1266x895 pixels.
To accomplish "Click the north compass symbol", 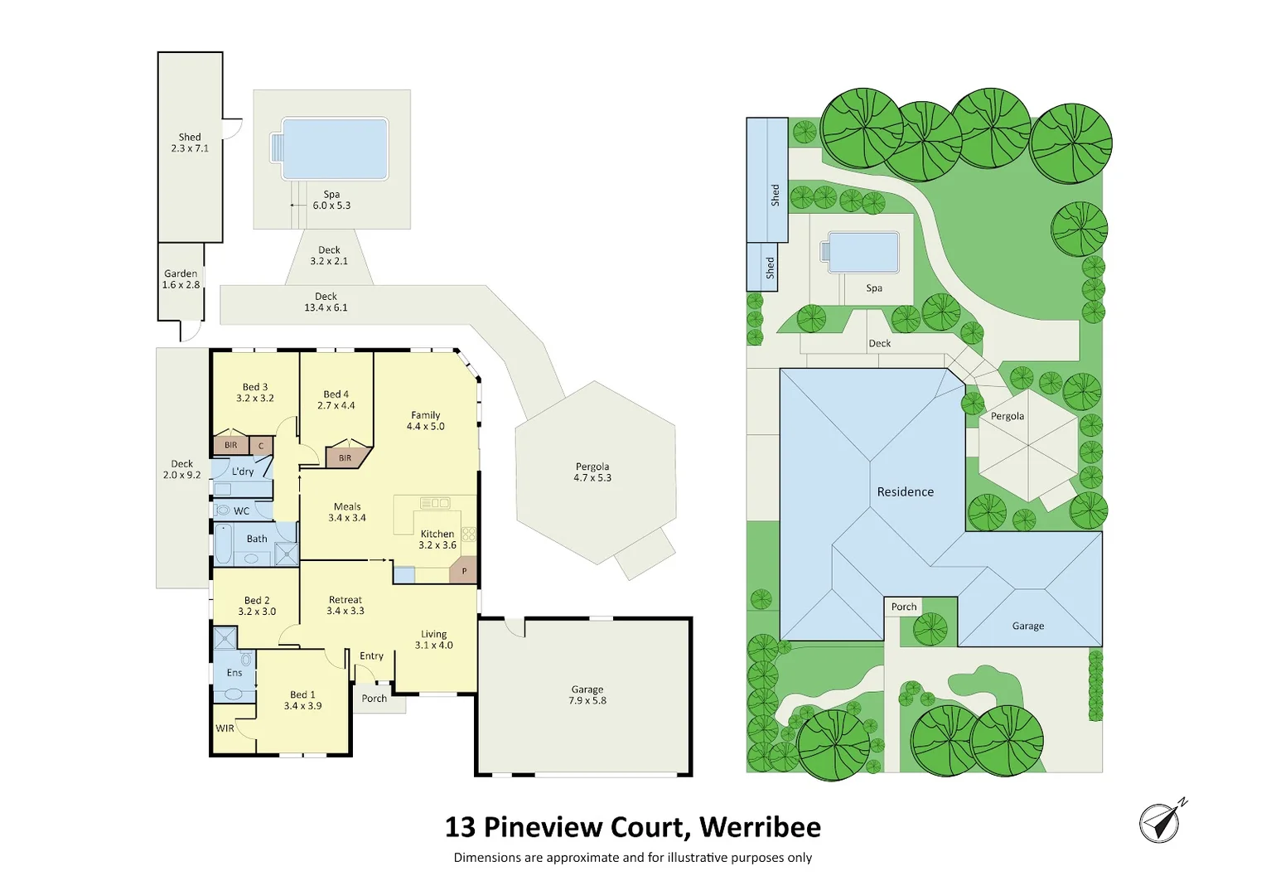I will click(1161, 822).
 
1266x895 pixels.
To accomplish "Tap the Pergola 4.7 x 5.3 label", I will click(592, 472).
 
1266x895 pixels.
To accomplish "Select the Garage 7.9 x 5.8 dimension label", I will click(587, 695).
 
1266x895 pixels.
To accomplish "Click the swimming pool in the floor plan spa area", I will click(335, 148).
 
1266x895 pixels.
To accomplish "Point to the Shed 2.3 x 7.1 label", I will click(190, 143).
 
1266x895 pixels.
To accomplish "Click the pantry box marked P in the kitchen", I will click(464, 571).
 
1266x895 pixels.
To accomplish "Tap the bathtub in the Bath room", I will click(224, 544).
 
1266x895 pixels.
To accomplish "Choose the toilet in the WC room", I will click(222, 510).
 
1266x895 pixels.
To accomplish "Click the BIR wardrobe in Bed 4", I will click(345, 457).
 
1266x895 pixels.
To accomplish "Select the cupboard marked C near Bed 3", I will click(261, 446).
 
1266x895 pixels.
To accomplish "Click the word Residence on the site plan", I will click(905, 492).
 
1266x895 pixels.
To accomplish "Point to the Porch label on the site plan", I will click(904, 607).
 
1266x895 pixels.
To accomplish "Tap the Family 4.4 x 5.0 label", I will click(426, 421).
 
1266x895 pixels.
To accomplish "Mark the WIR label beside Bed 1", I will click(225, 728).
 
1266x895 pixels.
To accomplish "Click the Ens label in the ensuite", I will click(234, 673).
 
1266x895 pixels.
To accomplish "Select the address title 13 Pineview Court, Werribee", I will click(633, 827).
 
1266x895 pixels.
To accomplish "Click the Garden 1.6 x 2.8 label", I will click(181, 279).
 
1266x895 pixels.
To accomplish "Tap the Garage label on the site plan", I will click(1027, 626).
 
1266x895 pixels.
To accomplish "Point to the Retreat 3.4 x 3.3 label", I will click(345, 605).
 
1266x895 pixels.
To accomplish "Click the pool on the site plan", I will click(863, 252).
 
